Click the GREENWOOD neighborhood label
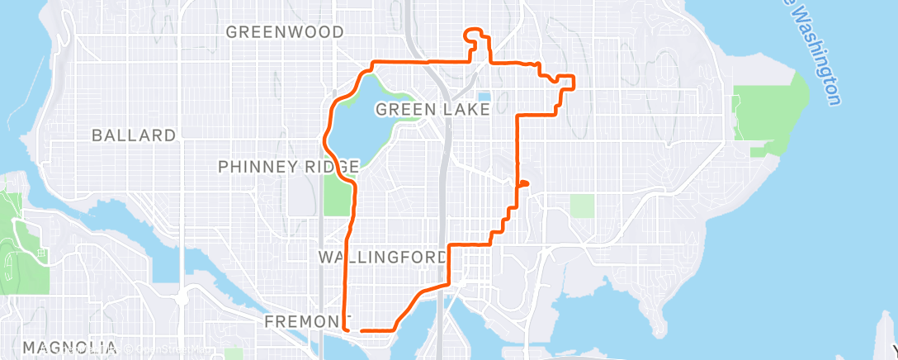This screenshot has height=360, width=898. click(x=285, y=32)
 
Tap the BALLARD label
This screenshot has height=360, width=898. click(x=134, y=135)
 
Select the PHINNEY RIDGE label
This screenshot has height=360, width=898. click(x=288, y=167)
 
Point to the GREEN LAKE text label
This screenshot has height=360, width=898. click(x=432, y=109)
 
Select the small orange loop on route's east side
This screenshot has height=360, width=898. click(x=523, y=184)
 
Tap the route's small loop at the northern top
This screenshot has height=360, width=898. click(x=474, y=34)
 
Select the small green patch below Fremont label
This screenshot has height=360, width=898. click(x=234, y=353)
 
